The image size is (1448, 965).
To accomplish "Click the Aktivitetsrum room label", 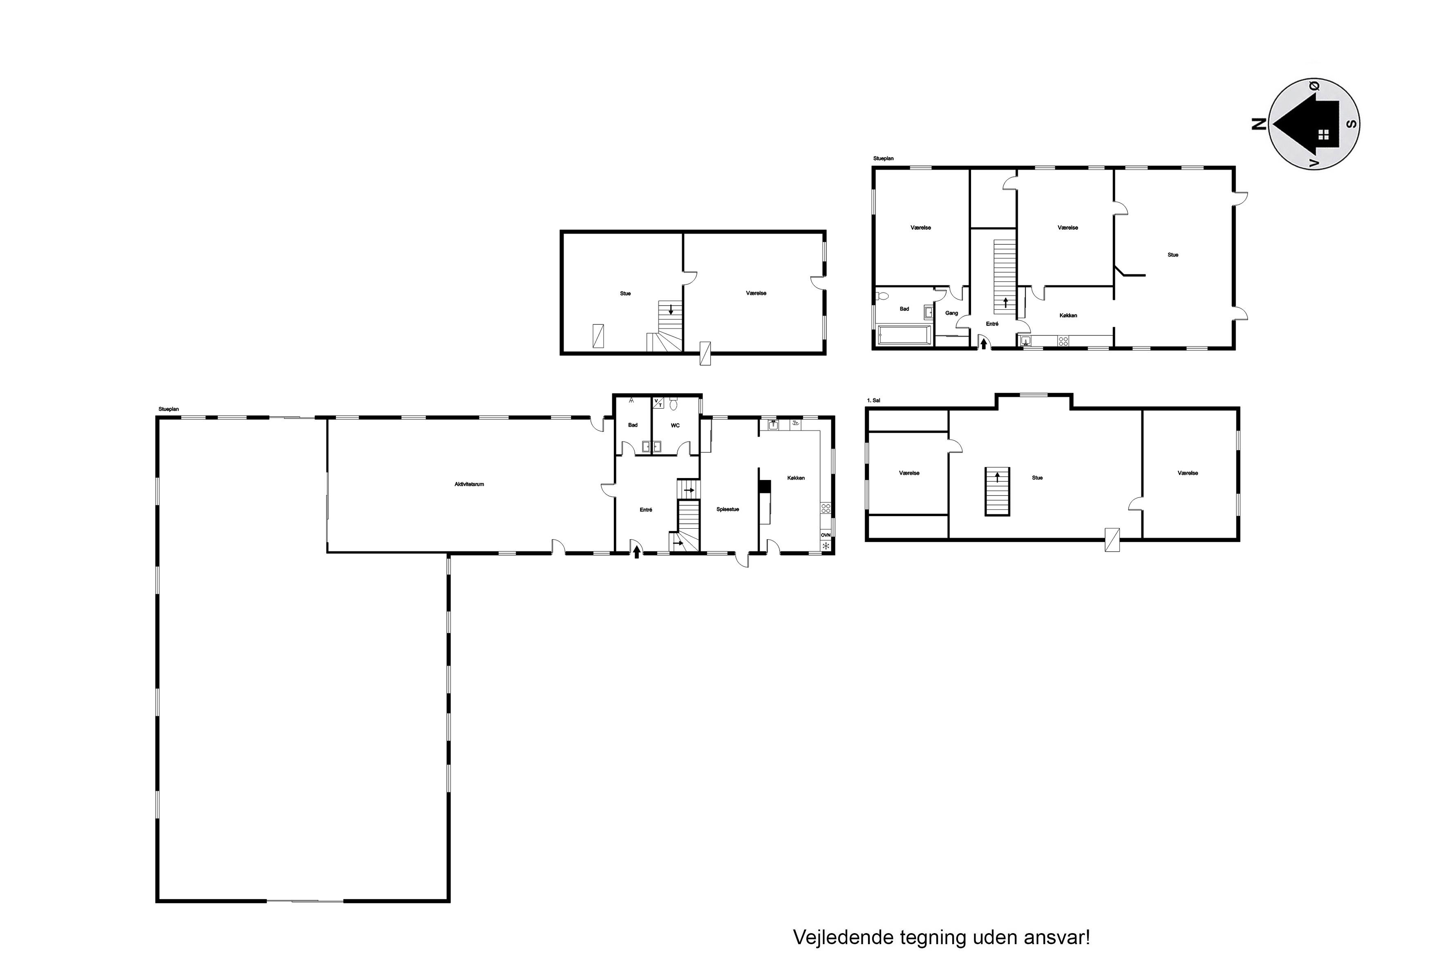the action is click(x=469, y=485).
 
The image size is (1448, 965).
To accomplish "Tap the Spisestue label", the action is click(x=728, y=509).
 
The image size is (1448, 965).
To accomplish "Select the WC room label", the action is click(x=675, y=425).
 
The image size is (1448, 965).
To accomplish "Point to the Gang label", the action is click(x=952, y=313).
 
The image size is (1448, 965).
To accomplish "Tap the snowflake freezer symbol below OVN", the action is click(x=826, y=545).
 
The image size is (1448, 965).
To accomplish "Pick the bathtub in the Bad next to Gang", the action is click(x=904, y=336).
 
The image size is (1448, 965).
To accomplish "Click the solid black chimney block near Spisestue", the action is click(x=765, y=486).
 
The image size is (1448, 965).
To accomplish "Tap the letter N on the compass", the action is click(x=1260, y=124).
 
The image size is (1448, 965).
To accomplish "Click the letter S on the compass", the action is click(x=1352, y=124).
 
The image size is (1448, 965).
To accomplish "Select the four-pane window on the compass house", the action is click(x=1323, y=135).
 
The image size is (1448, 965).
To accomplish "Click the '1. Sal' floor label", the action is click(x=874, y=401).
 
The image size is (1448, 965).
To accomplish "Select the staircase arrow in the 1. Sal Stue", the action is click(x=997, y=477).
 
